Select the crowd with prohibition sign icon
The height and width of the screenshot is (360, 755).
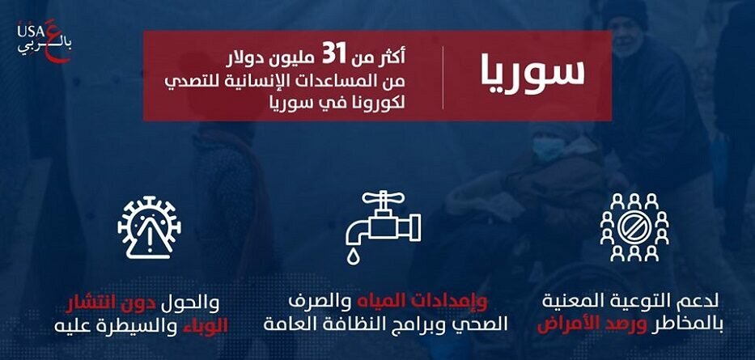[634, 227]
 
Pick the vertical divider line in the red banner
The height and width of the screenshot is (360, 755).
[443, 77]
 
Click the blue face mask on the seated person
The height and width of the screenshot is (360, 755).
[551, 149]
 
